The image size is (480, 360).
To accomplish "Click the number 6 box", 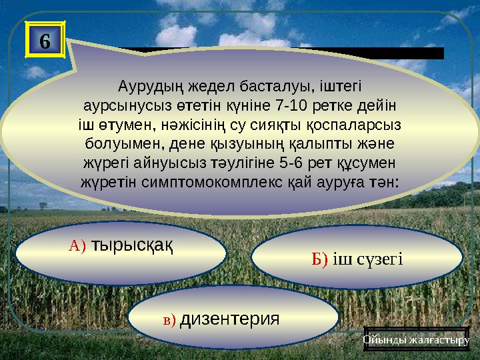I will coord(44,41).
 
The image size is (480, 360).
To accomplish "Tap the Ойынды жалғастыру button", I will coord(417,341).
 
